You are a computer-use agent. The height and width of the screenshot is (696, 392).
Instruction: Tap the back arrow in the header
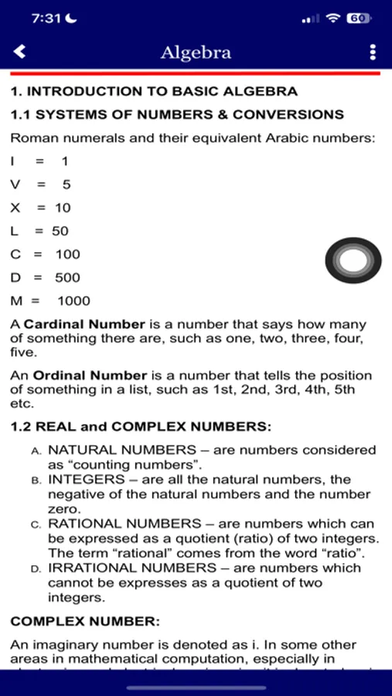click(x=20, y=52)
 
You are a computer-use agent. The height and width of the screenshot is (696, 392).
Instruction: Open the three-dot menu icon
click(x=373, y=52)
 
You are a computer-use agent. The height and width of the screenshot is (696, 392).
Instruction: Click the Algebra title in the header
click(x=196, y=53)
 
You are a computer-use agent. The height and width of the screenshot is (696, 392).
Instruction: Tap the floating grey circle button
click(x=353, y=261)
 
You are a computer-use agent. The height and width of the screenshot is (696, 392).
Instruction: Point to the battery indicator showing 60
click(x=358, y=18)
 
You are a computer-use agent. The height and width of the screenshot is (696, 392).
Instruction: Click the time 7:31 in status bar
click(x=46, y=18)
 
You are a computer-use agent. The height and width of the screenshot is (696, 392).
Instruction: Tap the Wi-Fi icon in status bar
click(x=333, y=18)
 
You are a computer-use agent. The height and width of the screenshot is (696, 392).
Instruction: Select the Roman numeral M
click(x=15, y=301)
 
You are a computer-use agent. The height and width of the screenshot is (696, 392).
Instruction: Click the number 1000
click(x=73, y=301)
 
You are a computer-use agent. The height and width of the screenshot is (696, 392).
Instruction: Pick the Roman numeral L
click(x=14, y=230)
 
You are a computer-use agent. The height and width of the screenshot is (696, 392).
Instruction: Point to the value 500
click(x=67, y=278)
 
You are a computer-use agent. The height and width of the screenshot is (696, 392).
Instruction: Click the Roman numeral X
click(x=15, y=207)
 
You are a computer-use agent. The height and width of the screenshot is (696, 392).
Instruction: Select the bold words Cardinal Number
click(x=84, y=325)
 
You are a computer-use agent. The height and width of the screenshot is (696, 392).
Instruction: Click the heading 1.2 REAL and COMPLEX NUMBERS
click(x=141, y=426)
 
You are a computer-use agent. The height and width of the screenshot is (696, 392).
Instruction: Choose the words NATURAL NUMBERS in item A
click(x=122, y=449)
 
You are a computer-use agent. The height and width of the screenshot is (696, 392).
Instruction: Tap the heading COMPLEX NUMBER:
click(x=85, y=621)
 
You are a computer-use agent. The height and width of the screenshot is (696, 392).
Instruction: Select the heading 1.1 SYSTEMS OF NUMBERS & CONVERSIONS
click(x=176, y=114)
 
